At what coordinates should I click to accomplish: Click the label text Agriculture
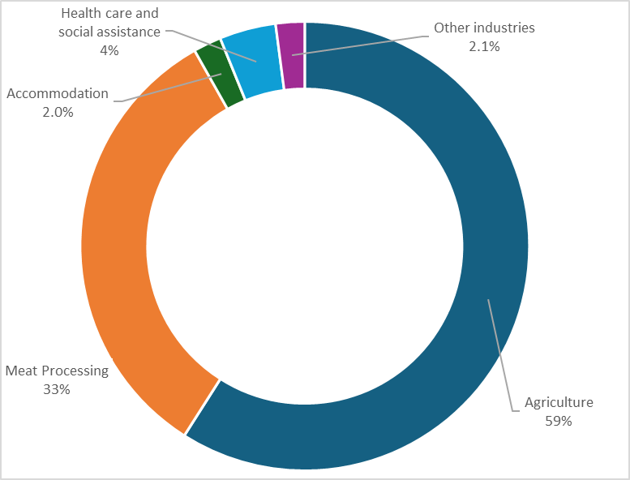(559, 402)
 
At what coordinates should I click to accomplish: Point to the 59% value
(559, 421)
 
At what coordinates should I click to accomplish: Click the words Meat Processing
(57, 371)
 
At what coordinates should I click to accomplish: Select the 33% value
(57, 389)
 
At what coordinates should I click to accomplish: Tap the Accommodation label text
(57, 93)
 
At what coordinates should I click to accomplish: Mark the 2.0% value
(57, 112)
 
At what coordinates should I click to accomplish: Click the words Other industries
(484, 28)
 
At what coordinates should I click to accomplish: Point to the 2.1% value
(484, 46)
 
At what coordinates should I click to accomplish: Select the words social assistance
(109, 32)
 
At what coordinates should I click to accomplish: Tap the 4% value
(109, 50)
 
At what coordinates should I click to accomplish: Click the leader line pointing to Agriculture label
(500, 357)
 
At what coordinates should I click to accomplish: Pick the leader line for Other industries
(365, 45)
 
